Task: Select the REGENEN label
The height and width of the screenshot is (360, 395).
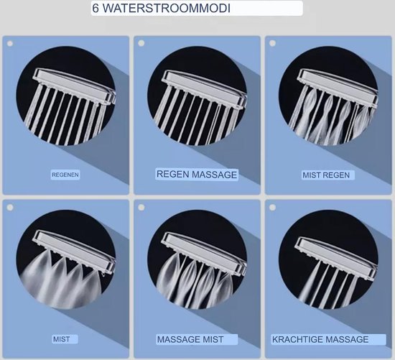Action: pos(65,175)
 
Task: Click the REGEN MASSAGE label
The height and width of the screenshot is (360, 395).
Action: pos(197,175)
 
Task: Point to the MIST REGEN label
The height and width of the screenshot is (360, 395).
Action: pos(328,175)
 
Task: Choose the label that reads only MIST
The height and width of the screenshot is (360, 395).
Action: pos(61,339)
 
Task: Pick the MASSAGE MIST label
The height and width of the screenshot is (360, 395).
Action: pos(190,339)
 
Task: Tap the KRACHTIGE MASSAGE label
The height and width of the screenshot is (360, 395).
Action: pos(320,339)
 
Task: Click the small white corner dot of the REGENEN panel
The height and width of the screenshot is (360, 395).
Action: pos(10,44)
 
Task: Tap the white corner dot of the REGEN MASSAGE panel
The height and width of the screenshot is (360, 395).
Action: pos(141,44)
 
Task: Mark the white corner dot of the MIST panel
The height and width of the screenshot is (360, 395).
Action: pos(10,207)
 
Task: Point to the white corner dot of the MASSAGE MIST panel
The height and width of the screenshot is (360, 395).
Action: pos(141,207)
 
